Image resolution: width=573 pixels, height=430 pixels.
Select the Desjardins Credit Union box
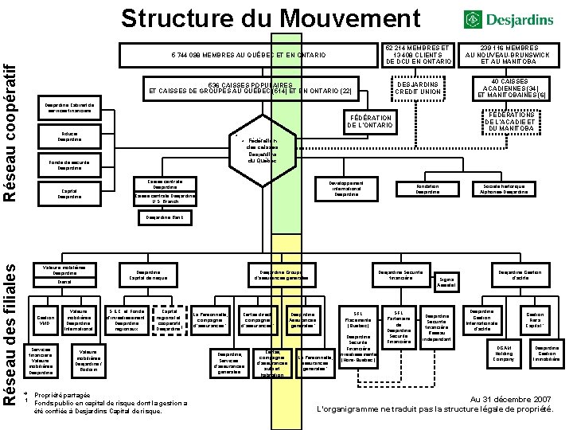point(418,88)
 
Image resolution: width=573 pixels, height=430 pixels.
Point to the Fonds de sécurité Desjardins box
point(69,165)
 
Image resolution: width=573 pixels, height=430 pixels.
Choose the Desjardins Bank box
point(167,217)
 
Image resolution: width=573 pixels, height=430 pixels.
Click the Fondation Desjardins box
point(427,189)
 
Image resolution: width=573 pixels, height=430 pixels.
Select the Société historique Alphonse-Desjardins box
point(505,189)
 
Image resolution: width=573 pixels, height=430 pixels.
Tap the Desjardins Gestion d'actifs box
point(521,275)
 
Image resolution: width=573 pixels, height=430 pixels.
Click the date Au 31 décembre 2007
point(509,398)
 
